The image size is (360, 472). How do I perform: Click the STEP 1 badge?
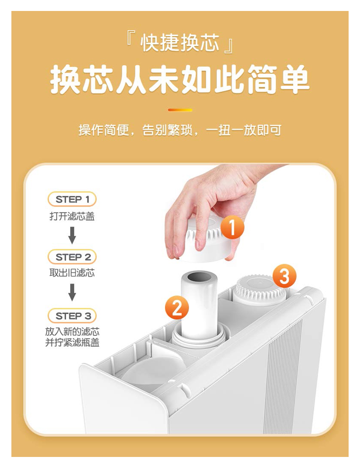tap(72, 199)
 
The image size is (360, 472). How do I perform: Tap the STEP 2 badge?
tap(72, 257)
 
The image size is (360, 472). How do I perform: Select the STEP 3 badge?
tap(72, 316)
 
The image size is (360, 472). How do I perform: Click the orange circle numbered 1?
tap(232, 228)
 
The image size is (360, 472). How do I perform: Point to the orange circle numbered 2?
tap(177, 308)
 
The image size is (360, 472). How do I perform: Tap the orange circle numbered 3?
tap(284, 276)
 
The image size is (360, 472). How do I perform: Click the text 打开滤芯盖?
tap(72, 216)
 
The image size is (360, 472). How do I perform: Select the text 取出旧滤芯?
tap(72, 273)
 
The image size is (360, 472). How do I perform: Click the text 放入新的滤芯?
tap(72, 332)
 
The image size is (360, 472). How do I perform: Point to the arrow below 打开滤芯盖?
tap(72, 235)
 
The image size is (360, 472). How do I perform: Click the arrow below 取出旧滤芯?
tap(72, 292)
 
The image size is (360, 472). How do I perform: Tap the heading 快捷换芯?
tap(180, 43)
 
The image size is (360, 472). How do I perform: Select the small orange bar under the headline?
tap(180, 110)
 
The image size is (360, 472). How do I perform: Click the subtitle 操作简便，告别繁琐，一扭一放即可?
tap(180, 130)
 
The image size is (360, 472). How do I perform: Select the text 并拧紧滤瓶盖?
tap(72, 342)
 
